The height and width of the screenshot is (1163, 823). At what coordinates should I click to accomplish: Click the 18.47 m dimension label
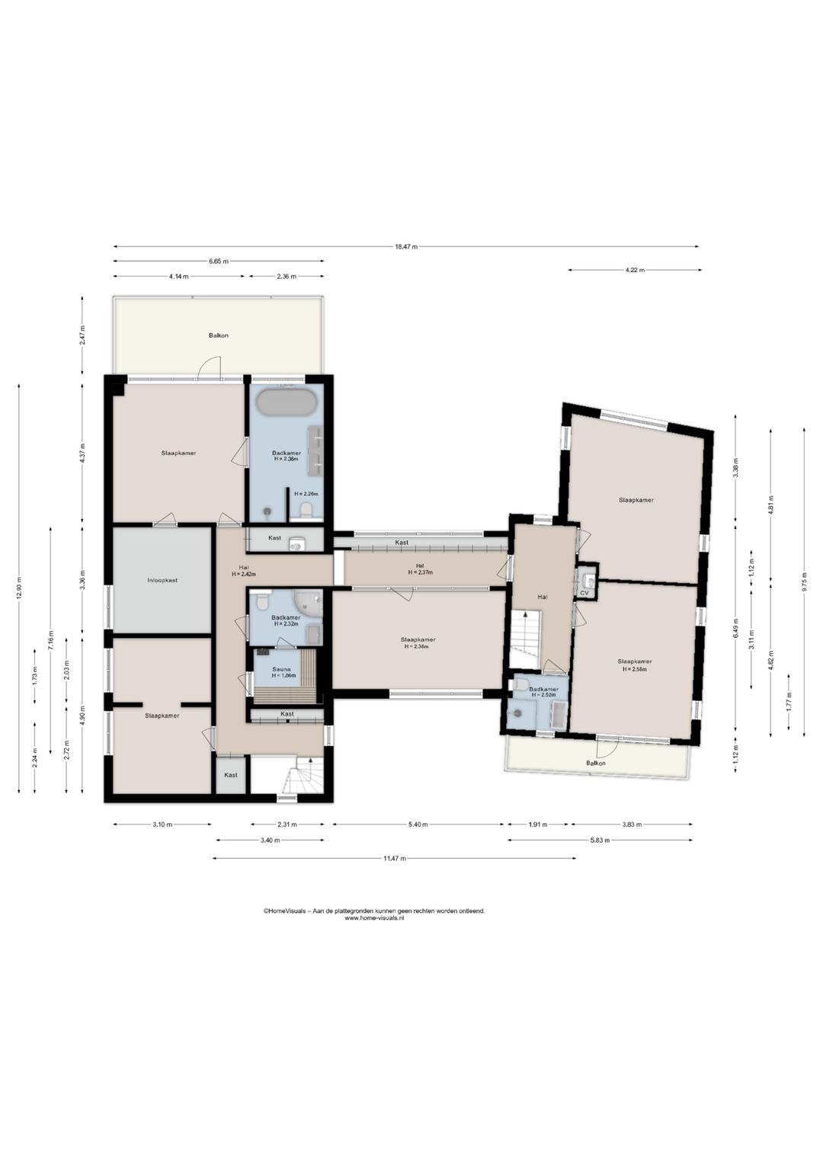pos(406,247)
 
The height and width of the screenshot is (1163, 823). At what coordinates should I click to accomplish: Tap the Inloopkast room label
pos(162,580)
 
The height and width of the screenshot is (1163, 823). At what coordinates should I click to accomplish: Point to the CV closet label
pos(584,592)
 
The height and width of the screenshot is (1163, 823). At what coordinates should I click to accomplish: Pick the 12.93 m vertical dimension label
pos(19,588)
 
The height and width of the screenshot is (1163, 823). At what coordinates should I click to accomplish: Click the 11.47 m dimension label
pos(395,858)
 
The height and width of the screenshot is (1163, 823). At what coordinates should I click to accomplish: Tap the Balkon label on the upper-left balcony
pos(219,335)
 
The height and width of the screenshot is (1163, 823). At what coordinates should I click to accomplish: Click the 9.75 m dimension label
pos(804,581)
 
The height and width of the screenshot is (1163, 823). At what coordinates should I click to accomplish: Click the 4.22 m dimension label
pos(635,270)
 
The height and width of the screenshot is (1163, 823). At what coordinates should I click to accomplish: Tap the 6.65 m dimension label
pos(219,261)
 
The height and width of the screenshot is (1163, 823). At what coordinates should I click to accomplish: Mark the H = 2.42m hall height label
pos(244,574)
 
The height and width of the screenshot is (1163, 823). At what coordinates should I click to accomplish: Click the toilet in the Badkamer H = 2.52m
pos(520,684)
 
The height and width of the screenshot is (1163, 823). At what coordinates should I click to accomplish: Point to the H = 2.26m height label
pos(306,494)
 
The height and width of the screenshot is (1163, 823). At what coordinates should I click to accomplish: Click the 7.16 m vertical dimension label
pos(50,639)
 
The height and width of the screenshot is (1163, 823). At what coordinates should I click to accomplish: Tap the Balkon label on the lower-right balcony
pos(596,763)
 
